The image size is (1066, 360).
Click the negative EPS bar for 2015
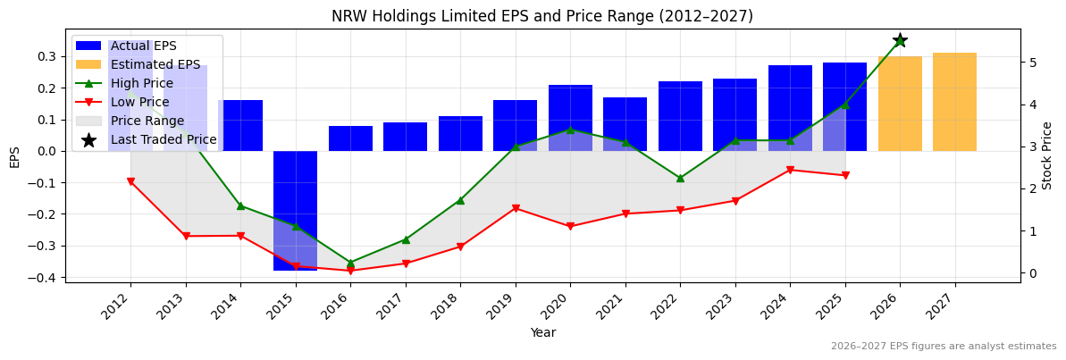point(295,210)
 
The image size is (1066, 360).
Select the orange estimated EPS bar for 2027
point(954,102)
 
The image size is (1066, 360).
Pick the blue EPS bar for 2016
point(350,138)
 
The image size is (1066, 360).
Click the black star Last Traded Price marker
point(900,40)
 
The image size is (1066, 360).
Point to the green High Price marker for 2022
point(680,178)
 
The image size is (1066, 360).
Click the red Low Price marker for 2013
point(186,236)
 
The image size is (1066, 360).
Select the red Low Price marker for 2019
point(516,208)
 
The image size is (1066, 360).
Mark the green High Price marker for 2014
point(240,205)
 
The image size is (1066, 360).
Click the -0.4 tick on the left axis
point(43,278)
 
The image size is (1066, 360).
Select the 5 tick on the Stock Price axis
point(1031,63)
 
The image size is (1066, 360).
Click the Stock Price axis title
point(1047,155)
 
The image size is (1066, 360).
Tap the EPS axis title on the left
point(14,156)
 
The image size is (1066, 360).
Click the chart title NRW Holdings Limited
point(541,16)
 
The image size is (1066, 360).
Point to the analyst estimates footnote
point(943,347)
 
